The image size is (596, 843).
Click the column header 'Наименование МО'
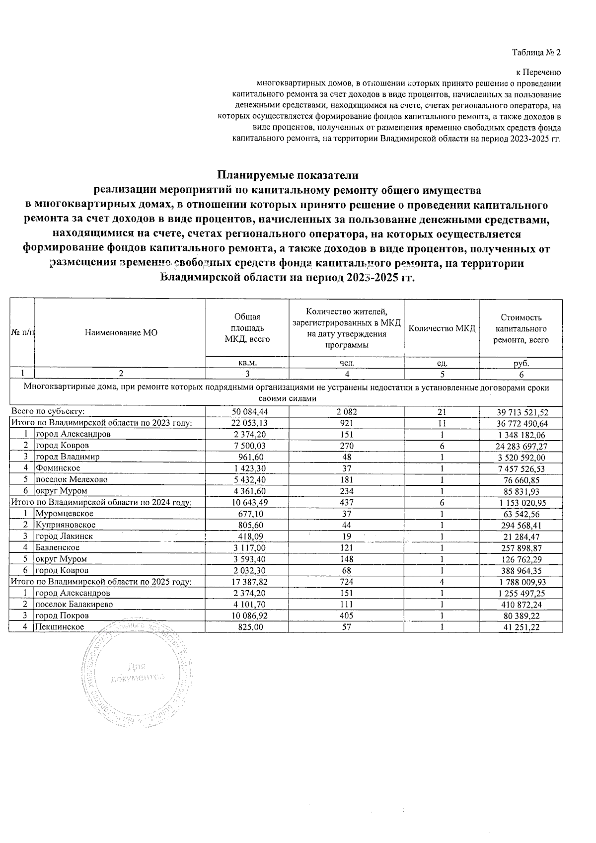tap(121, 333)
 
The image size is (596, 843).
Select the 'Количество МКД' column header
tap(442, 328)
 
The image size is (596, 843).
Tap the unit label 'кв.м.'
tap(247, 363)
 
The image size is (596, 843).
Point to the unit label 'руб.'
tap(521, 363)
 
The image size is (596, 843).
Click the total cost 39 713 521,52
tap(521, 412)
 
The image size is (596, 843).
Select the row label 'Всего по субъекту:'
tap(48, 411)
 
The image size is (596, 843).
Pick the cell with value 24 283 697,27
tap(521, 446)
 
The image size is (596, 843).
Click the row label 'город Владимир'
tap(67, 457)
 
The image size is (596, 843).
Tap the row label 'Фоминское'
tap(58, 468)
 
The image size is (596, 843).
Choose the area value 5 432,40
tap(247, 480)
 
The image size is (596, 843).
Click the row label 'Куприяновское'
tap(65, 525)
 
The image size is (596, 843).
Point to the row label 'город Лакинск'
tap(64, 536)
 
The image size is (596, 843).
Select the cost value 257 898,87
tap(521, 548)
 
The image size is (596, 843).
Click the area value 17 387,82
tap(247, 582)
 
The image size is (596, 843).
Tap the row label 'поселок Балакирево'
tap(74, 605)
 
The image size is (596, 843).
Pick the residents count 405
tap(346, 616)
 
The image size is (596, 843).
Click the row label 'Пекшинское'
tap(59, 627)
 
